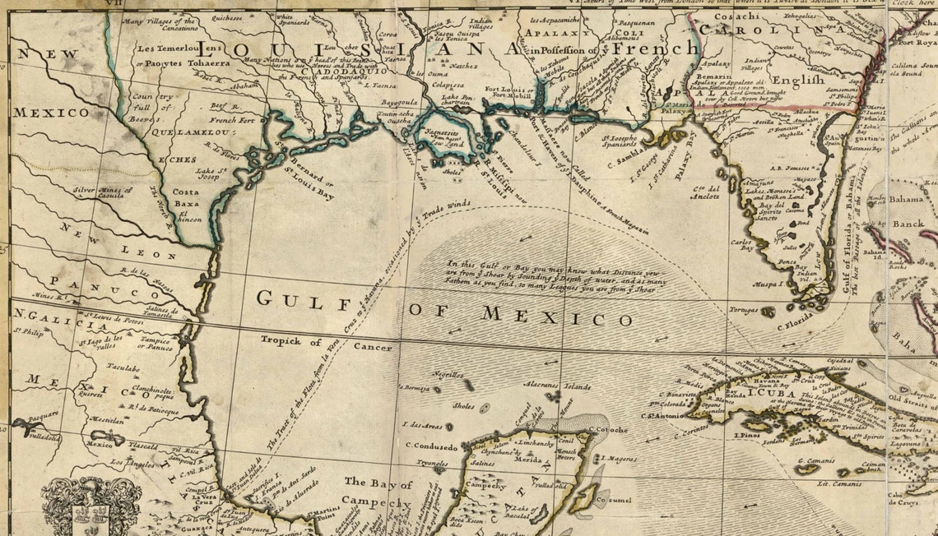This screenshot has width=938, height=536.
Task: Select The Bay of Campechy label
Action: (x=378, y=491)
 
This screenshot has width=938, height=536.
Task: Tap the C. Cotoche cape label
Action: (x=607, y=429)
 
